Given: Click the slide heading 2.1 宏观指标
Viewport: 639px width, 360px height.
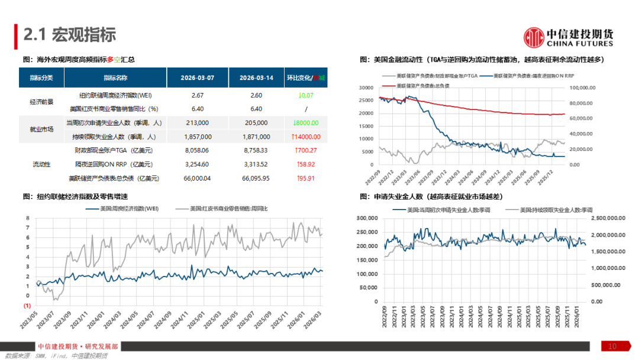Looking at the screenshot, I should (70, 36).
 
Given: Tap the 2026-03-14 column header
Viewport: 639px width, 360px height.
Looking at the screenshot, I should (256, 78).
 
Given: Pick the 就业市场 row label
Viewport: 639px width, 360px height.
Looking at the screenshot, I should (41, 130).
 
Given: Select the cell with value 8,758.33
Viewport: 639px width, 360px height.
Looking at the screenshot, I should (256, 150).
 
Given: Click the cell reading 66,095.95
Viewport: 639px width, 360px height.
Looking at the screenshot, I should (256, 178).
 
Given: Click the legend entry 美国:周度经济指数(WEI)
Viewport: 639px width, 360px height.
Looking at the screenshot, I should (123, 209).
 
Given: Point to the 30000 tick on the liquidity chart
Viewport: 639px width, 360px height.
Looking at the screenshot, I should (366, 88).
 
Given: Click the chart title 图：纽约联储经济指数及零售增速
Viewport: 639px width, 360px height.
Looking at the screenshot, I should (75, 196).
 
